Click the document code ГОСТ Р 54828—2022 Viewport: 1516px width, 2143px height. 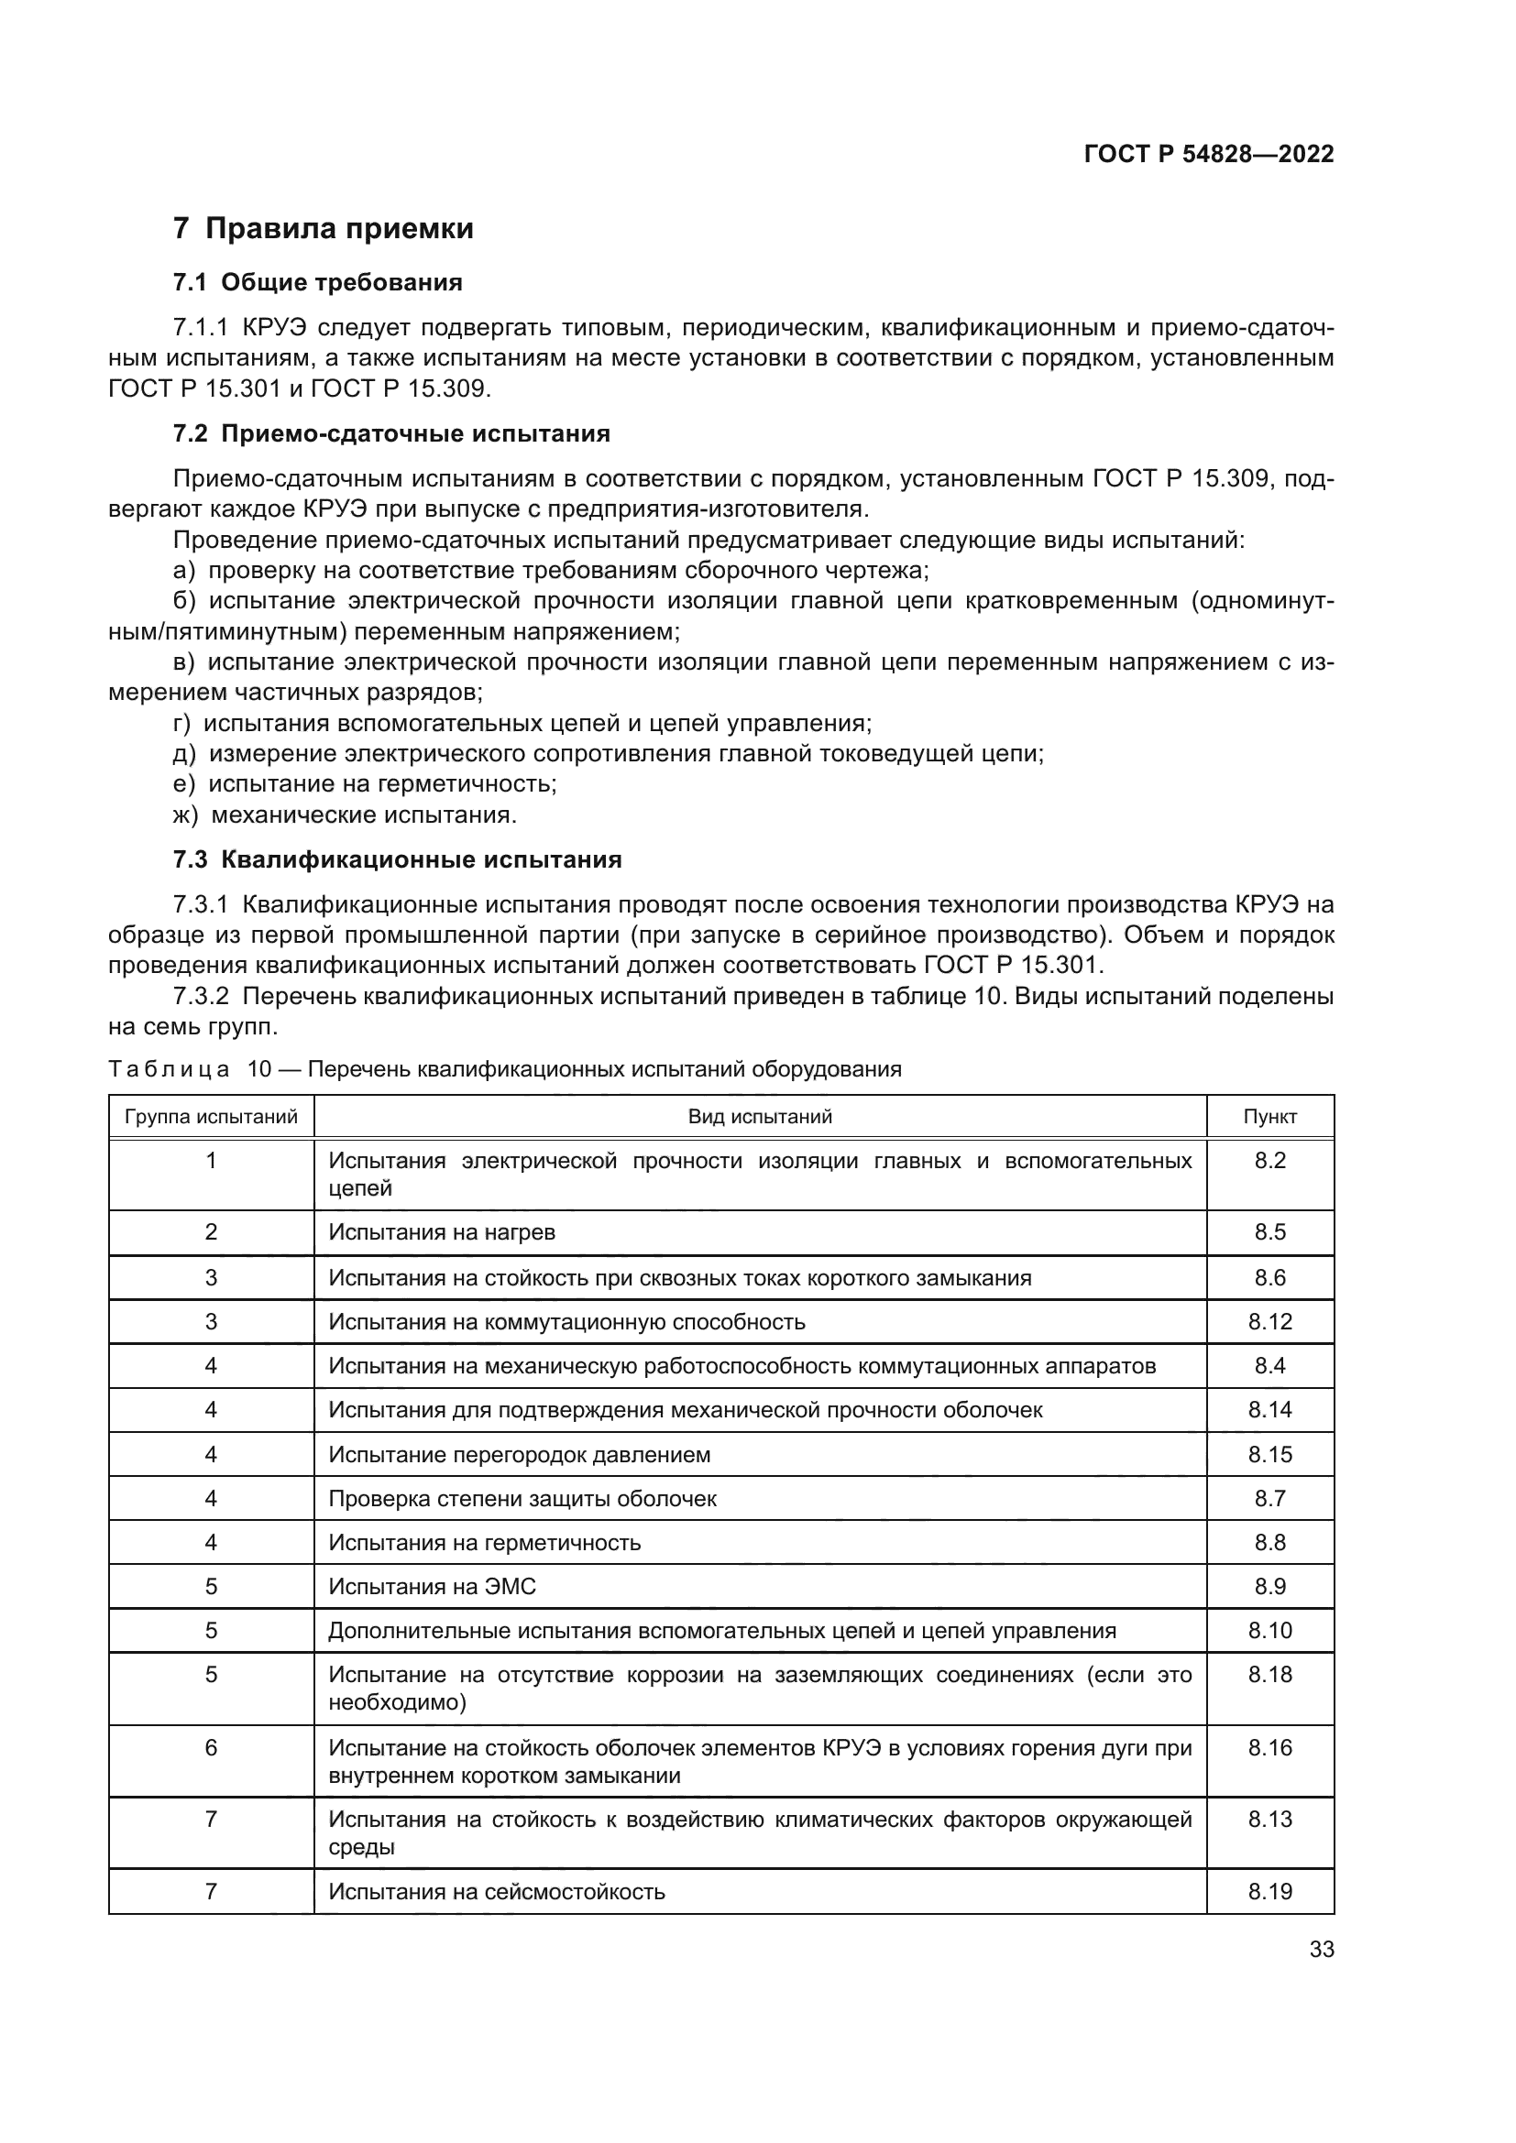1208,154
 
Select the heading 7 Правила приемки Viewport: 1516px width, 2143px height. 323,229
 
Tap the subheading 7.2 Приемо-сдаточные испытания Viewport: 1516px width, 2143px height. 391,434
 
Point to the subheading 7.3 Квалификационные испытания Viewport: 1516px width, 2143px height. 397,859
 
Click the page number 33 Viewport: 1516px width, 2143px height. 1321,1949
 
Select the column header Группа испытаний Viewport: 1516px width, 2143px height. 211,1116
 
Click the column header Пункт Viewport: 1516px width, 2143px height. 1269,1116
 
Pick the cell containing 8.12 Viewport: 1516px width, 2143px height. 1269,1322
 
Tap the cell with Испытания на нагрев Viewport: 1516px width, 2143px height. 442,1232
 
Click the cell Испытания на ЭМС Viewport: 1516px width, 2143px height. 433,1587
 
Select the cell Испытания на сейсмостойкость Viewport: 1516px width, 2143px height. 497,1892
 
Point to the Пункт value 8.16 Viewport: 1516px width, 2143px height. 1269,1747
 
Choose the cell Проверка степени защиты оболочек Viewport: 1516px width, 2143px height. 522,1498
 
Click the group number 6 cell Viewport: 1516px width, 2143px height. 211,1747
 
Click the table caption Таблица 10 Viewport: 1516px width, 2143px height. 504,1069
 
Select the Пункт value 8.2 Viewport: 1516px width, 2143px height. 1269,1160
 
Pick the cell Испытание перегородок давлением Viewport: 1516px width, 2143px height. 519,1454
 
